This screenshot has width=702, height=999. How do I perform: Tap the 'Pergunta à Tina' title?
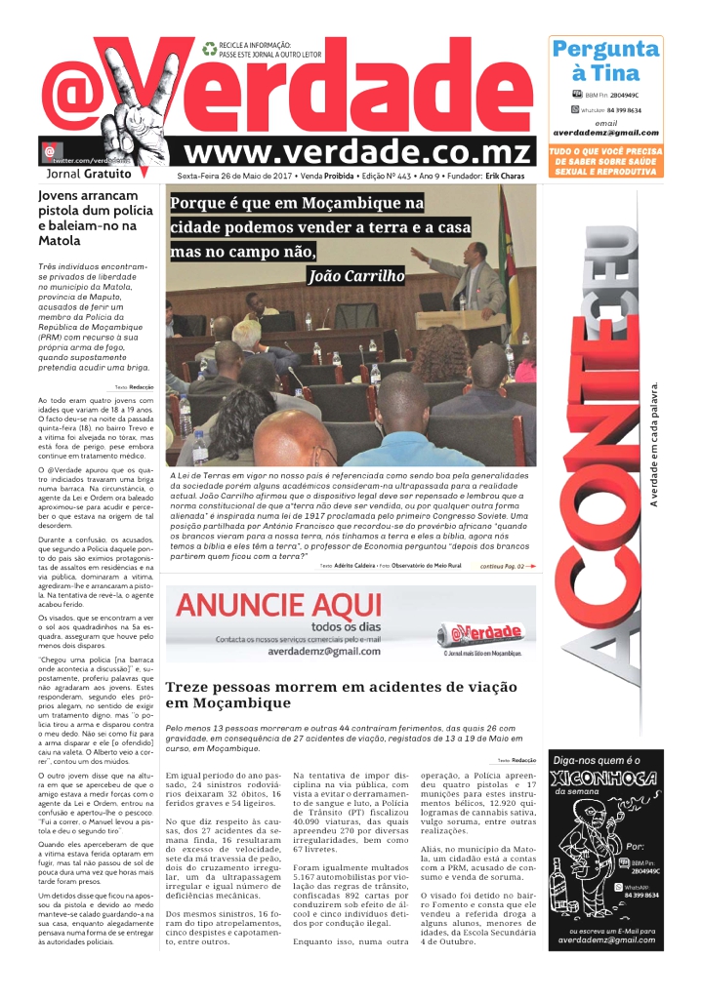pyautogui.click(x=605, y=60)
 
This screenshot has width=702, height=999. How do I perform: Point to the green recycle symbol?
pyautogui.click(x=209, y=47)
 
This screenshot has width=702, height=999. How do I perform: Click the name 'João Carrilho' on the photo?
pyautogui.click(x=355, y=276)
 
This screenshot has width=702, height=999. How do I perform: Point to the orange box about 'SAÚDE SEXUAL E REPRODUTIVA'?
pyautogui.click(x=605, y=162)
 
